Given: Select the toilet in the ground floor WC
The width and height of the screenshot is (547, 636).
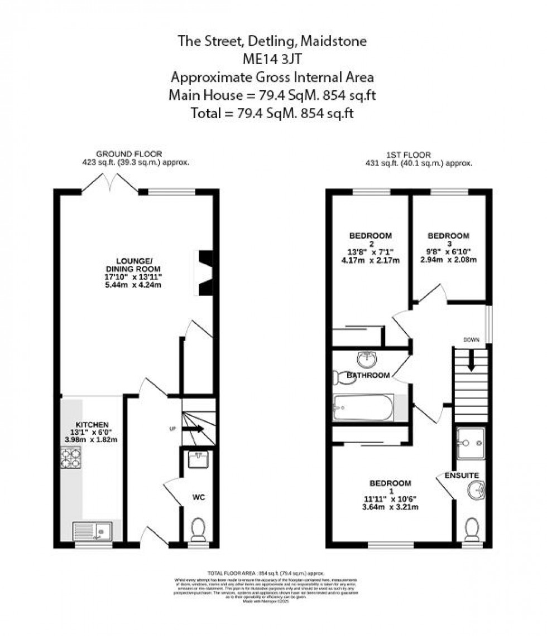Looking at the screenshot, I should [198, 530].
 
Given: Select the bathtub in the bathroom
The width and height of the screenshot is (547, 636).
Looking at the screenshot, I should [363, 408].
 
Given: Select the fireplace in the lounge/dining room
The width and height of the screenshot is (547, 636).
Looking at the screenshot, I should [203, 273].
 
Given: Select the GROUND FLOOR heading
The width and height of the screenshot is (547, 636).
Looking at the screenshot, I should [129, 154].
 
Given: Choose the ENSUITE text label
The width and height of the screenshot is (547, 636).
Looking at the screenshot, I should [462, 475].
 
